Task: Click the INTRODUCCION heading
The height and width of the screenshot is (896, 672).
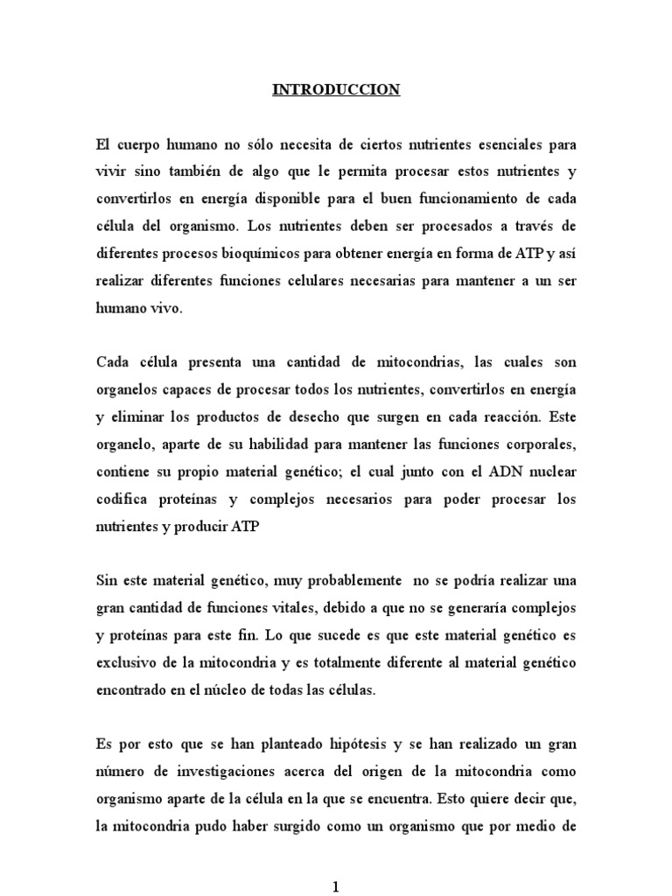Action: tap(336, 89)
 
